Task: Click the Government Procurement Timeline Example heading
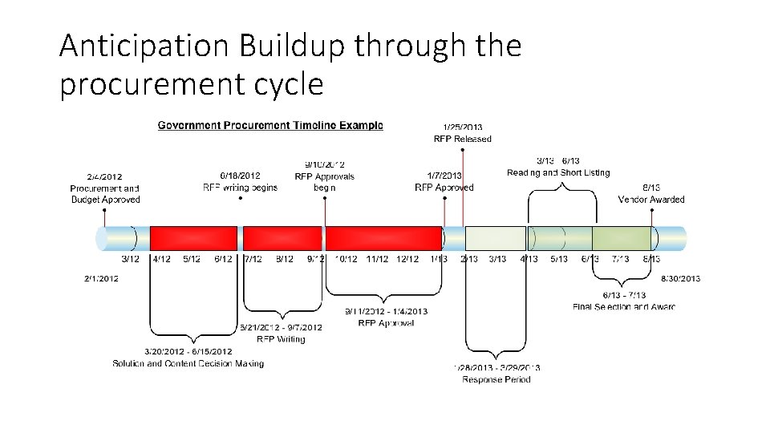point(269,125)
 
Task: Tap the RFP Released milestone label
point(463,139)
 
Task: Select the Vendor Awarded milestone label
point(650,199)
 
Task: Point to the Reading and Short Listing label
point(558,172)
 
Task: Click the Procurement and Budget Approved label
point(105,194)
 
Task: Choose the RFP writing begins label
point(240,188)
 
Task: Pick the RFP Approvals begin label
point(324,182)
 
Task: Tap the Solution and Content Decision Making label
point(188,363)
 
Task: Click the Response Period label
point(496,379)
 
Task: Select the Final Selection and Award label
point(624,306)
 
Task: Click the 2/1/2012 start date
point(101,278)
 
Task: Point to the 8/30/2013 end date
point(680,278)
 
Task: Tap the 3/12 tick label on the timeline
point(130,259)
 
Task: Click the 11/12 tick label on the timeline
point(377,259)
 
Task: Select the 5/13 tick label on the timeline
point(559,259)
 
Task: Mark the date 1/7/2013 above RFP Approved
point(444,176)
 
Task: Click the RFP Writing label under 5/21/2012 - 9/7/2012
point(281,339)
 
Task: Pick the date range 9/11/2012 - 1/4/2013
point(386,311)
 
